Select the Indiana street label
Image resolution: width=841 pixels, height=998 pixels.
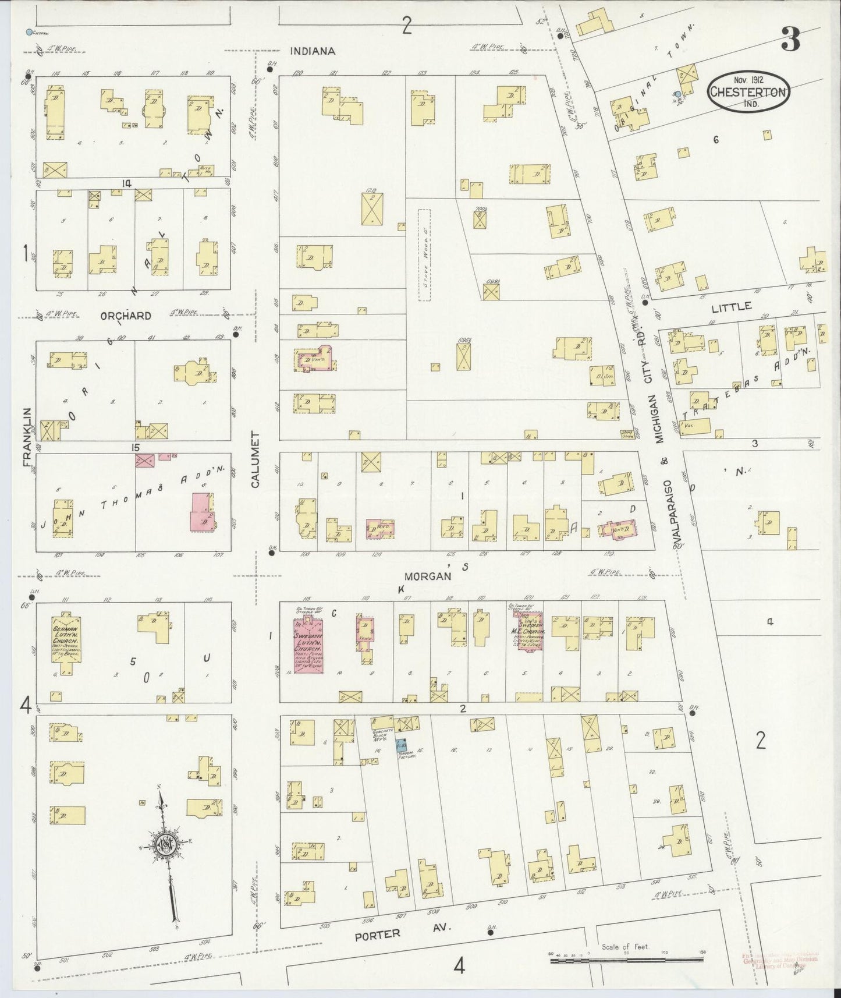pos(313,51)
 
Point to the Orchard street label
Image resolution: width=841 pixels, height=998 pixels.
pos(126,316)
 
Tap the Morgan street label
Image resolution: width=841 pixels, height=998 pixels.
pos(429,576)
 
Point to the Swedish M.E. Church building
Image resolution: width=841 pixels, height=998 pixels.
pos(531,631)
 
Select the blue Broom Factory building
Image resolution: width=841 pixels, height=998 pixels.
pos(401,744)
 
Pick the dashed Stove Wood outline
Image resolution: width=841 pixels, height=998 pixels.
pos(427,255)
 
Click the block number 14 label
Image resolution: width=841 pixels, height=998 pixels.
pos(125,183)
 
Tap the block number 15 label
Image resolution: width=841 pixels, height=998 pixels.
pos(136,447)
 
